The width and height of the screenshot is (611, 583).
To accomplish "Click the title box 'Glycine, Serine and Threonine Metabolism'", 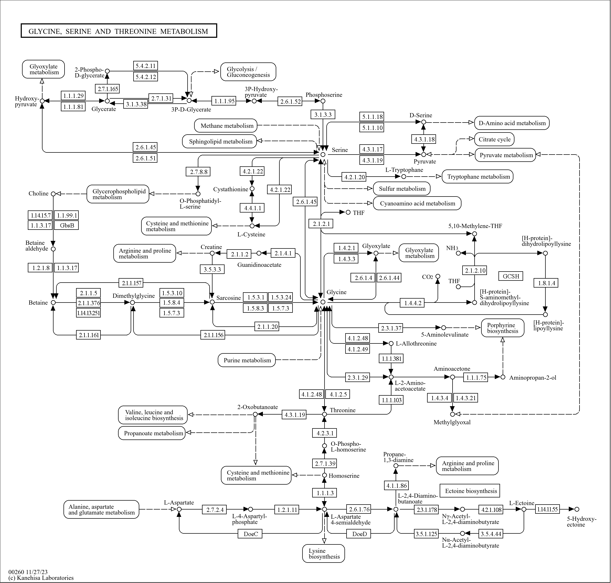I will click(119, 31).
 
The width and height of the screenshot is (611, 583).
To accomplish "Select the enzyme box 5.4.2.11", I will click(145, 66).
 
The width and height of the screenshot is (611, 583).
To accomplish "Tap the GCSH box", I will click(511, 276).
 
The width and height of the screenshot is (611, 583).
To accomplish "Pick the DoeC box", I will click(251, 534).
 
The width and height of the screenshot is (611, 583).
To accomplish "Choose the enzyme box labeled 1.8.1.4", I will click(546, 283).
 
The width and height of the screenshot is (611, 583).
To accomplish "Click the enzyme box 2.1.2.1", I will click(321, 224).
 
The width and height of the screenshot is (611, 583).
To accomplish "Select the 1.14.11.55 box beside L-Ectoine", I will click(547, 509).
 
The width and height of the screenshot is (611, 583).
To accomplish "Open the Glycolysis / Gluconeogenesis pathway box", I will click(248, 72).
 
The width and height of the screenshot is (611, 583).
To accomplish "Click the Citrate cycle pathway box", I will click(494, 139).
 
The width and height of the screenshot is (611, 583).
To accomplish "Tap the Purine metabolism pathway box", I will click(247, 360).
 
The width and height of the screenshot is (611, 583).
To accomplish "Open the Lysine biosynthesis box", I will click(323, 553).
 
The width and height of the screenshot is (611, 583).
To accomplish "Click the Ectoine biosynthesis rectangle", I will click(470, 491).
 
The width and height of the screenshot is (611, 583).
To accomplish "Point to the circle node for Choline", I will click(53, 194).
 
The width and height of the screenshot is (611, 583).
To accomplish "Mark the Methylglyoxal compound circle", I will click(453, 414).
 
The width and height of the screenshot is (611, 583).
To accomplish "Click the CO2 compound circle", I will click(438, 276).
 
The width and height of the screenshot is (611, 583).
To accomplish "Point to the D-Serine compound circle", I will click(423, 122).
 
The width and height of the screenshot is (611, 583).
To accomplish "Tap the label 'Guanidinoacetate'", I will click(259, 265).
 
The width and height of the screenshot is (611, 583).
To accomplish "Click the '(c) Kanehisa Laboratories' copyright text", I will click(41, 578).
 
